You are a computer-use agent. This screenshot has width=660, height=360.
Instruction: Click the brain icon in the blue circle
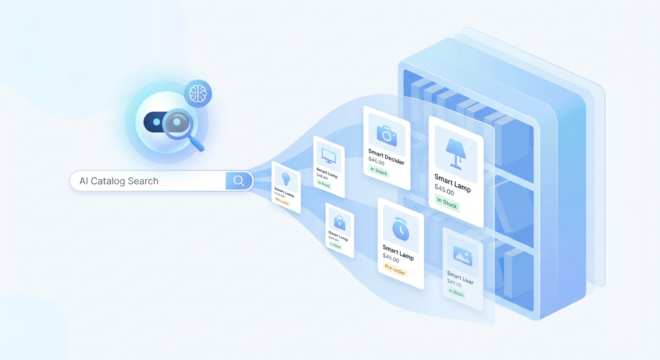pyautogui.click(x=197, y=94)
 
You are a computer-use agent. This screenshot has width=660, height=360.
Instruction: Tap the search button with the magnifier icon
pyautogui.click(x=239, y=181)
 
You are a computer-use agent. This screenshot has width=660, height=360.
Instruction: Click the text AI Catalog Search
pyautogui.click(x=119, y=181)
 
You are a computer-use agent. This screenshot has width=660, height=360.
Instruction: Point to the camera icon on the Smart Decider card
pyautogui.click(x=386, y=135)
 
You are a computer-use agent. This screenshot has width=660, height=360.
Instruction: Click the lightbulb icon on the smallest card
pyautogui.click(x=285, y=179)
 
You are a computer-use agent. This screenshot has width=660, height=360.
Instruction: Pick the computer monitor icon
pyautogui.click(x=328, y=155)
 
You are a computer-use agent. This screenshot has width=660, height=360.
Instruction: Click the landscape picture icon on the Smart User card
pyautogui.click(x=462, y=255)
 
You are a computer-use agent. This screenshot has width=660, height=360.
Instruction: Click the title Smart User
pyautogui.click(x=460, y=277)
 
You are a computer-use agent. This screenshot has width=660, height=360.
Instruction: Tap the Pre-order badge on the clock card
pyautogui.click(x=395, y=270)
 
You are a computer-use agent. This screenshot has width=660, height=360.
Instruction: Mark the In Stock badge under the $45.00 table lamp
pyautogui.click(x=447, y=203)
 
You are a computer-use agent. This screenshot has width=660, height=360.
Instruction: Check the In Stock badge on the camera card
pyautogui.click(x=379, y=172)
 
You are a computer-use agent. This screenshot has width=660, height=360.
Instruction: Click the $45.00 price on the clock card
pyautogui.click(x=390, y=258)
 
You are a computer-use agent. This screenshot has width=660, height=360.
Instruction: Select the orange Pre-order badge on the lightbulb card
pyautogui.click(x=282, y=202)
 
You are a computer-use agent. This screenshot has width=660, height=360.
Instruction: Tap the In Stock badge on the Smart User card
pyautogui.click(x=456, y=293)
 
